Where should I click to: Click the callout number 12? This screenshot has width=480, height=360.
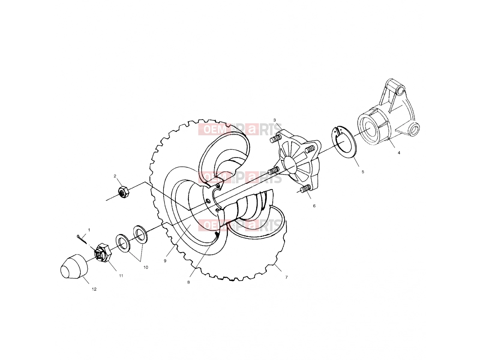94,289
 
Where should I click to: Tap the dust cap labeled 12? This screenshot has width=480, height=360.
74,266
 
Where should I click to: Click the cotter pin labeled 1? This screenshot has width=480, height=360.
82,239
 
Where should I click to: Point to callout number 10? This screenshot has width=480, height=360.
145,267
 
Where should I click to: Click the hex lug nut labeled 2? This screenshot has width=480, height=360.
124,192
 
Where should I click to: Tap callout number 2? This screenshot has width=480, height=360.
115,176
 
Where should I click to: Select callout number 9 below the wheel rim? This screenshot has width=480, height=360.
165,261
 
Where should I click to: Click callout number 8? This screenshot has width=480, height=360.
188,282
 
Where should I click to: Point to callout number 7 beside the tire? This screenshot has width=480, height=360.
286,277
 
